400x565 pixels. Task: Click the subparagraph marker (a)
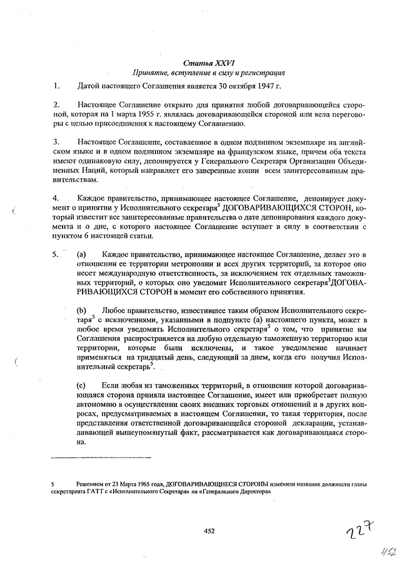click(81, 254)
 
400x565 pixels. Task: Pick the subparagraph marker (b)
click(81, 310)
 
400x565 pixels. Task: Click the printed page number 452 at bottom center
click(209, 531)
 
